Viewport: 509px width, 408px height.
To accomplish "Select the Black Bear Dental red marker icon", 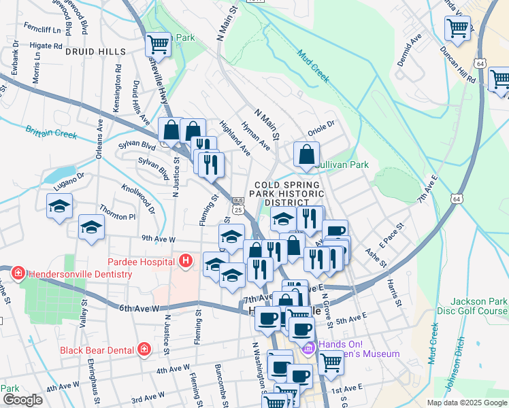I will tap(144, 350).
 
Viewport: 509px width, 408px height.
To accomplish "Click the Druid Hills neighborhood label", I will tap(95, 52).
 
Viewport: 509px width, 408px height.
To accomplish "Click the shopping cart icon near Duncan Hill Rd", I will tap(457, 29).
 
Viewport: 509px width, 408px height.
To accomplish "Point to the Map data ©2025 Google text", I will tap(466, 403).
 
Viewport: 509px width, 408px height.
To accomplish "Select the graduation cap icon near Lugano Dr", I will tap(59, 206).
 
